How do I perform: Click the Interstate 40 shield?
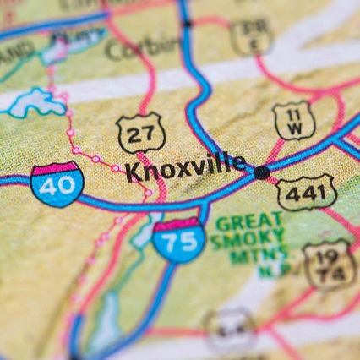point(57,183)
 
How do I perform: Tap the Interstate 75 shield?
point(179,238)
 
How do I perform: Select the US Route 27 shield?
point(139,134)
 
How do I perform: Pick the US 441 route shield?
point(306,193)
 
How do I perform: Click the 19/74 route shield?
point(329,263)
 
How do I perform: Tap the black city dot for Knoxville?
point(262,172)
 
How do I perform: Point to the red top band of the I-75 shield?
point(179,222)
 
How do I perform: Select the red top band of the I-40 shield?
point(57,168)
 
